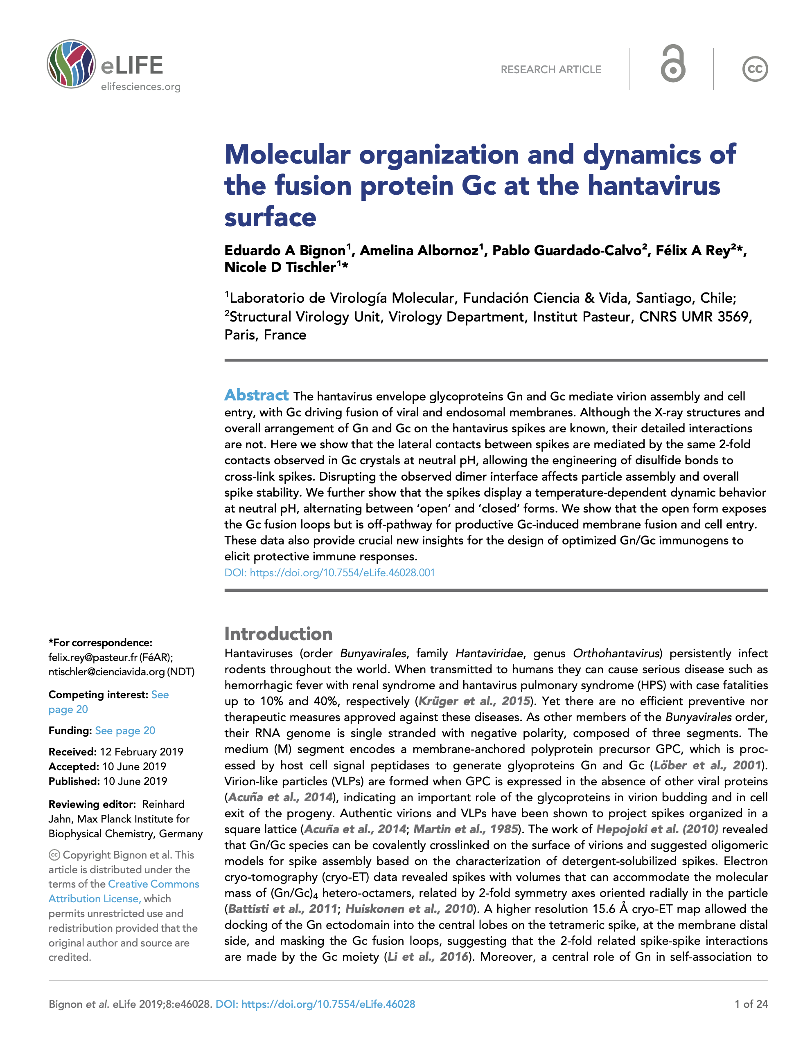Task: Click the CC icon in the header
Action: point(754,69)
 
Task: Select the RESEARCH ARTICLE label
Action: point(551,70)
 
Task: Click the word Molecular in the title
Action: point(287,155)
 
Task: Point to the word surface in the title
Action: point(271,217)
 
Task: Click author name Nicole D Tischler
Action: point(280,267)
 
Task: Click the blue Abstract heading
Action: point(256,395)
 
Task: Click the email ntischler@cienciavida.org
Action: point(106,672)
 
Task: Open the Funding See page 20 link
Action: point(125,731)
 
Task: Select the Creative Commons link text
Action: point(153,884)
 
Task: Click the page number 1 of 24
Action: point(751,1004)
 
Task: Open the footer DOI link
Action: point(315,1004)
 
